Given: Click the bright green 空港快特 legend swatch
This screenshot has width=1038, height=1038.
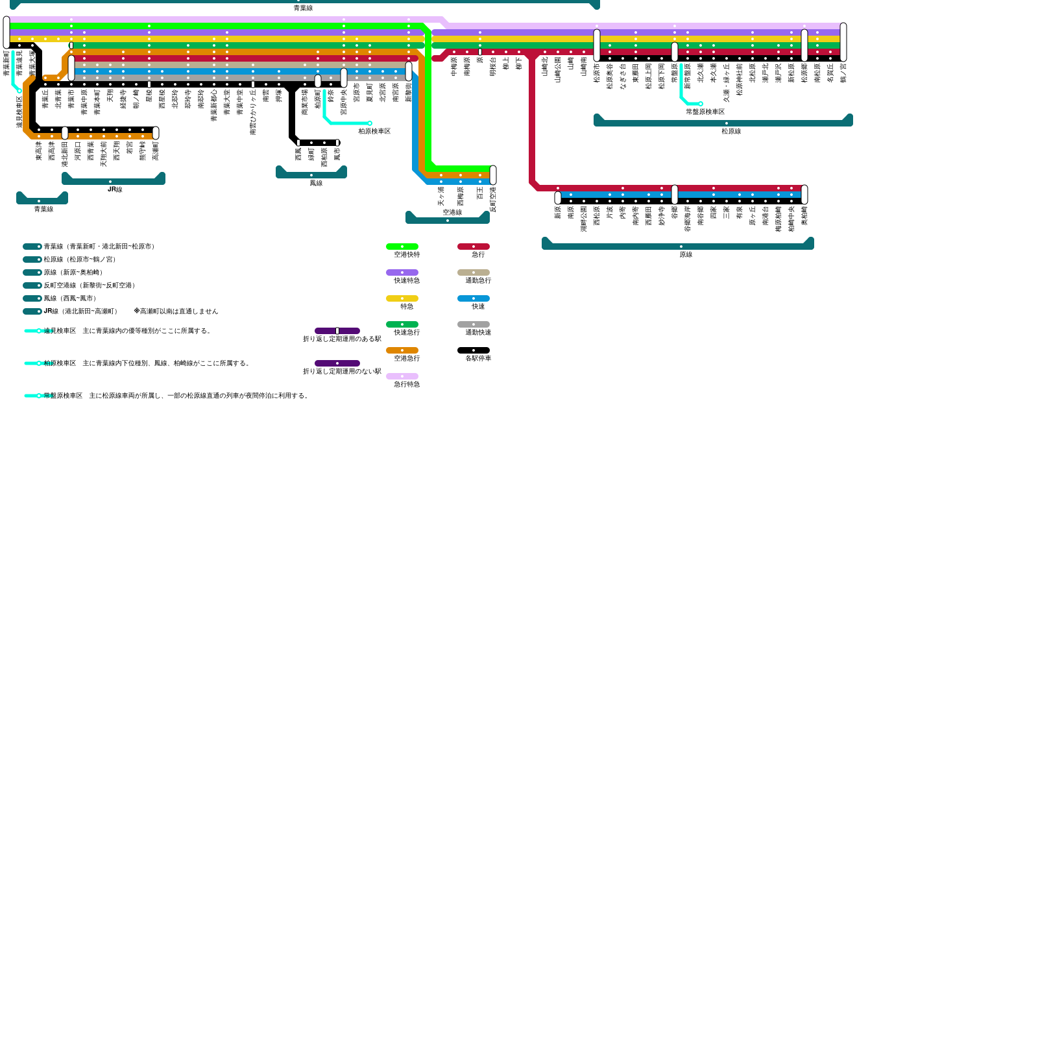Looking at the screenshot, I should (402, 247).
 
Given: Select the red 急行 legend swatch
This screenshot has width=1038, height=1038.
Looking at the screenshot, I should (473, 247).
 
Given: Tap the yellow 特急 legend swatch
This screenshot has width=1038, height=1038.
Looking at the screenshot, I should (402, 298).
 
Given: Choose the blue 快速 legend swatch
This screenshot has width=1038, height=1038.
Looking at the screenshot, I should (473, 298).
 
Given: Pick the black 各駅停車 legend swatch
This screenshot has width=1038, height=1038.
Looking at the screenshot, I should (473, 350).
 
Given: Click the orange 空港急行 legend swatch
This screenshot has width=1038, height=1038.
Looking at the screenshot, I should (402, 350).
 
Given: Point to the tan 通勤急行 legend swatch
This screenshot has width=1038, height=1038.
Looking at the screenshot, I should (473, 272).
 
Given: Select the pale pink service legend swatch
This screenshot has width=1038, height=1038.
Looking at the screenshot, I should (402, 376).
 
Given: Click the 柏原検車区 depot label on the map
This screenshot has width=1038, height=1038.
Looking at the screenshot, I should (374, 131).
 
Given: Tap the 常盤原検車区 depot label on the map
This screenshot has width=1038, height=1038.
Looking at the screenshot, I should (705, 112).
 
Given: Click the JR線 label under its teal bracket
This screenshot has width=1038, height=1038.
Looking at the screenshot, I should (114, 189).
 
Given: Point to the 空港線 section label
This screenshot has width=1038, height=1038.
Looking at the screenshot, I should (452, 212).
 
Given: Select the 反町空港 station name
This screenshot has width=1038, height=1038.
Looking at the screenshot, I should (493, 200).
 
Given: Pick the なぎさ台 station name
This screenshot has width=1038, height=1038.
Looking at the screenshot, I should (623, 76).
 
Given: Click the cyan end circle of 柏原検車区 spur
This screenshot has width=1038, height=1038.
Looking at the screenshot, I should (370, 123).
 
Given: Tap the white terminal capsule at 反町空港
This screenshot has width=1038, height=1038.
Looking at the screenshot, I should (493, 175).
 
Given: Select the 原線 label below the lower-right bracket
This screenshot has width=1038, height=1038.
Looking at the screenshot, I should (686, 254).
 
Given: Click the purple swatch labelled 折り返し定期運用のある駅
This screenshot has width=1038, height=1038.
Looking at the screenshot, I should (337, 331).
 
